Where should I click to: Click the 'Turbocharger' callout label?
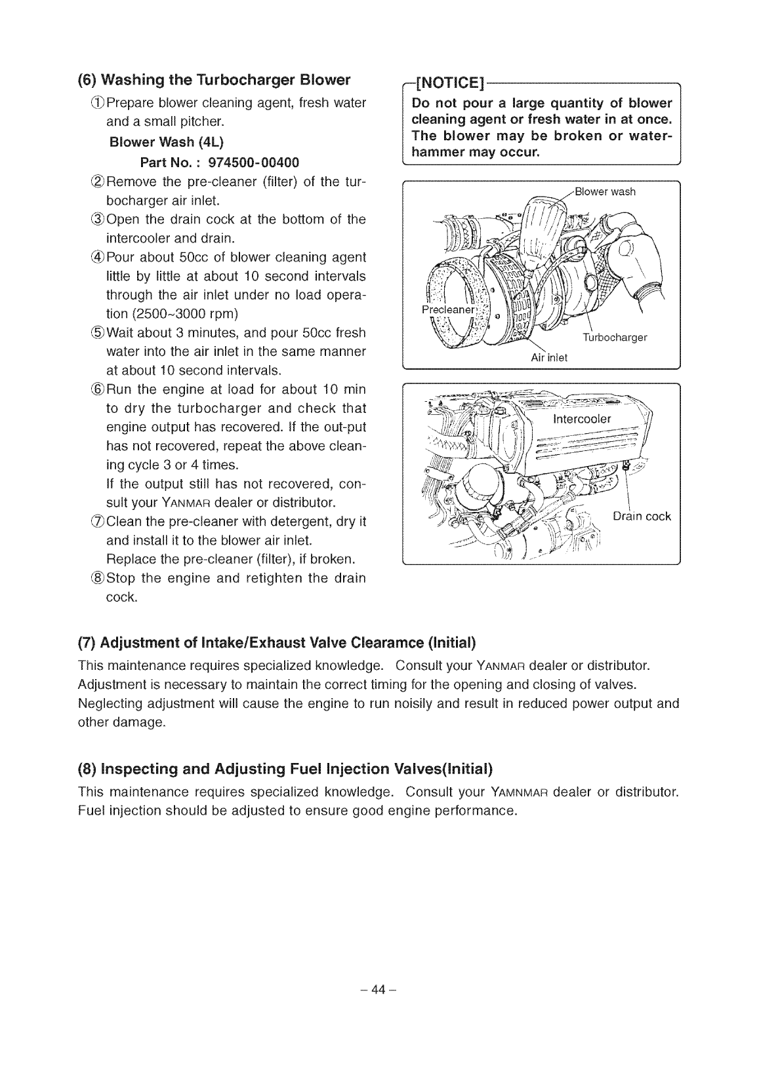(x=615, y=338)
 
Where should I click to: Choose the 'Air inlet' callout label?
(x=548, y=357)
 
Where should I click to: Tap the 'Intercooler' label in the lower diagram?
(x=582, y=419)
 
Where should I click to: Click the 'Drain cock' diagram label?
(x=641, y=516)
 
